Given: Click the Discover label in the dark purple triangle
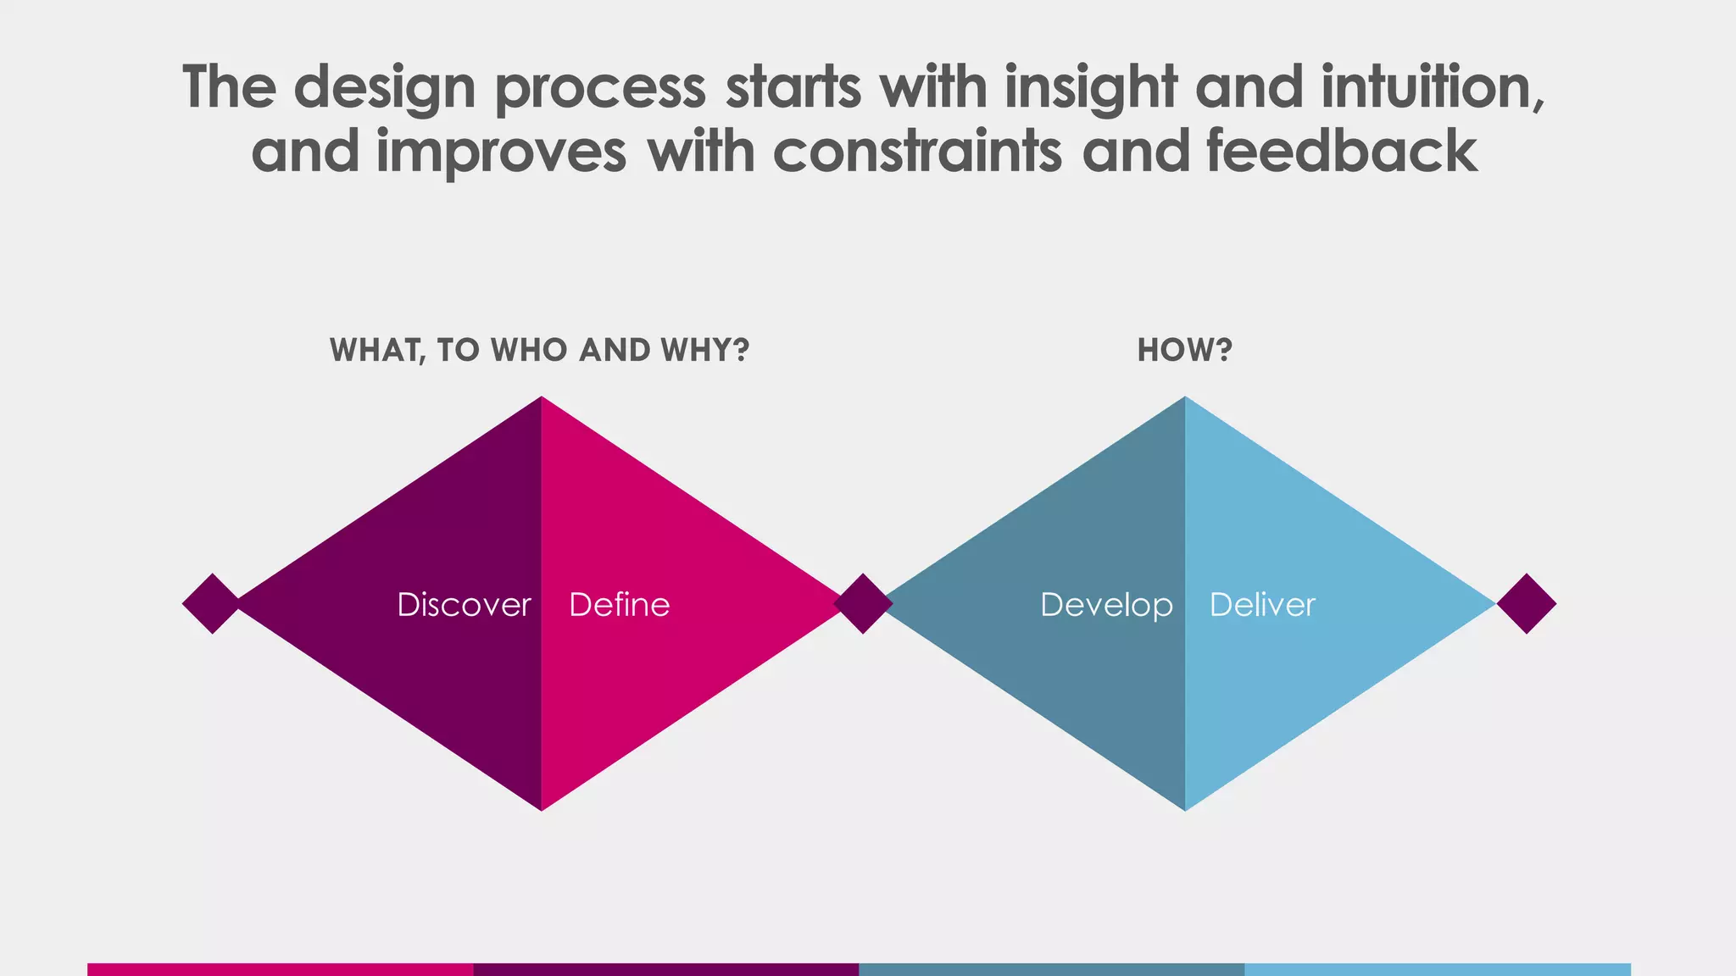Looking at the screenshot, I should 464,605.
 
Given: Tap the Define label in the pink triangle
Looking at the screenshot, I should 619,605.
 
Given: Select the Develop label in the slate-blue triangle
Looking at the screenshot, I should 1106,605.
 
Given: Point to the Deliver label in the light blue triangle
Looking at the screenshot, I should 1262,605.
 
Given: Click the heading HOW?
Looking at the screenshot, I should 1184,350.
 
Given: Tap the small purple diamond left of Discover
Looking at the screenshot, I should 212,603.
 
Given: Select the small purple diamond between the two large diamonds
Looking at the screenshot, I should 863,603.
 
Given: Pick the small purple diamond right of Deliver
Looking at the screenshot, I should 1527,603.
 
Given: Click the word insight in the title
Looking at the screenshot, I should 1091,86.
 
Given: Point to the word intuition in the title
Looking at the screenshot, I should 1432,86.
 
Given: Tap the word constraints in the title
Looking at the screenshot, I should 917,151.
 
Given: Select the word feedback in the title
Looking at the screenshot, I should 1342,151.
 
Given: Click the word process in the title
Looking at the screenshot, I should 600,88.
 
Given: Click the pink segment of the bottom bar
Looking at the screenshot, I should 280,969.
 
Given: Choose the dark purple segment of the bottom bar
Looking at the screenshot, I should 665,969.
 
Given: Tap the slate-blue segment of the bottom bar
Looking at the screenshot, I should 1051,969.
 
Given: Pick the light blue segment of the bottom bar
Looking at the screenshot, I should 1438,969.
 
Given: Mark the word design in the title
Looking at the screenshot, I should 385,88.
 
